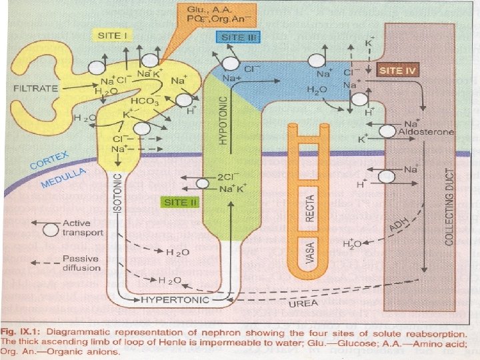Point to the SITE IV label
click(x=398, y=69)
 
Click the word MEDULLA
click(x=64, y=178)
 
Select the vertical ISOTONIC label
click(x=117, y=194)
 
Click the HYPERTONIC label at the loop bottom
click(x=175, y=299)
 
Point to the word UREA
click(x=303, y=304)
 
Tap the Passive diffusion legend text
click(x=81, y=263)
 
